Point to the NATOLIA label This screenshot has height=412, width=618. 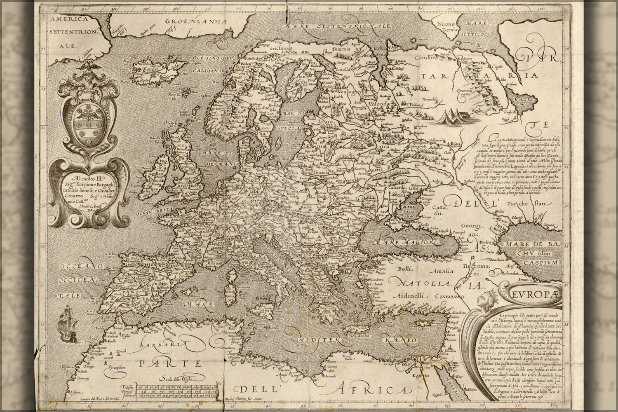tap(418, 284)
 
